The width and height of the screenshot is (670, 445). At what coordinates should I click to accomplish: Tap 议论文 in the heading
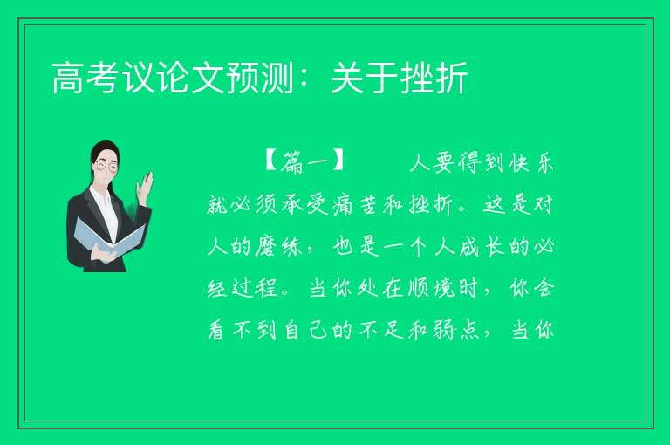point(173,78)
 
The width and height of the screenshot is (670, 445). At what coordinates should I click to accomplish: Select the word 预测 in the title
point(260,78)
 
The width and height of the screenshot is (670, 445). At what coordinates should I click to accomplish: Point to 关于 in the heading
point(365,78)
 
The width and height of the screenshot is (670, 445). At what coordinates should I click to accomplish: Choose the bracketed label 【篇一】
point(304,161)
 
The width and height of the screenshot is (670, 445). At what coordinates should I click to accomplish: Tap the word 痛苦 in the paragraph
point(355,204)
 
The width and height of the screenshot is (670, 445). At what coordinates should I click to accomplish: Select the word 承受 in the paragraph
point(305,204)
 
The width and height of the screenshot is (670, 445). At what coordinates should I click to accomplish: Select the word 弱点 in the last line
point(455,330)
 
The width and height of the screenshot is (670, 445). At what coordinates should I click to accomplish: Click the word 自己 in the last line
point(305,330)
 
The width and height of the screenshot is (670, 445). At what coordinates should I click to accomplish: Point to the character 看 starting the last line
point(215,330)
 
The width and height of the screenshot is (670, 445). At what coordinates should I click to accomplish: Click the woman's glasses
point(106,165)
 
